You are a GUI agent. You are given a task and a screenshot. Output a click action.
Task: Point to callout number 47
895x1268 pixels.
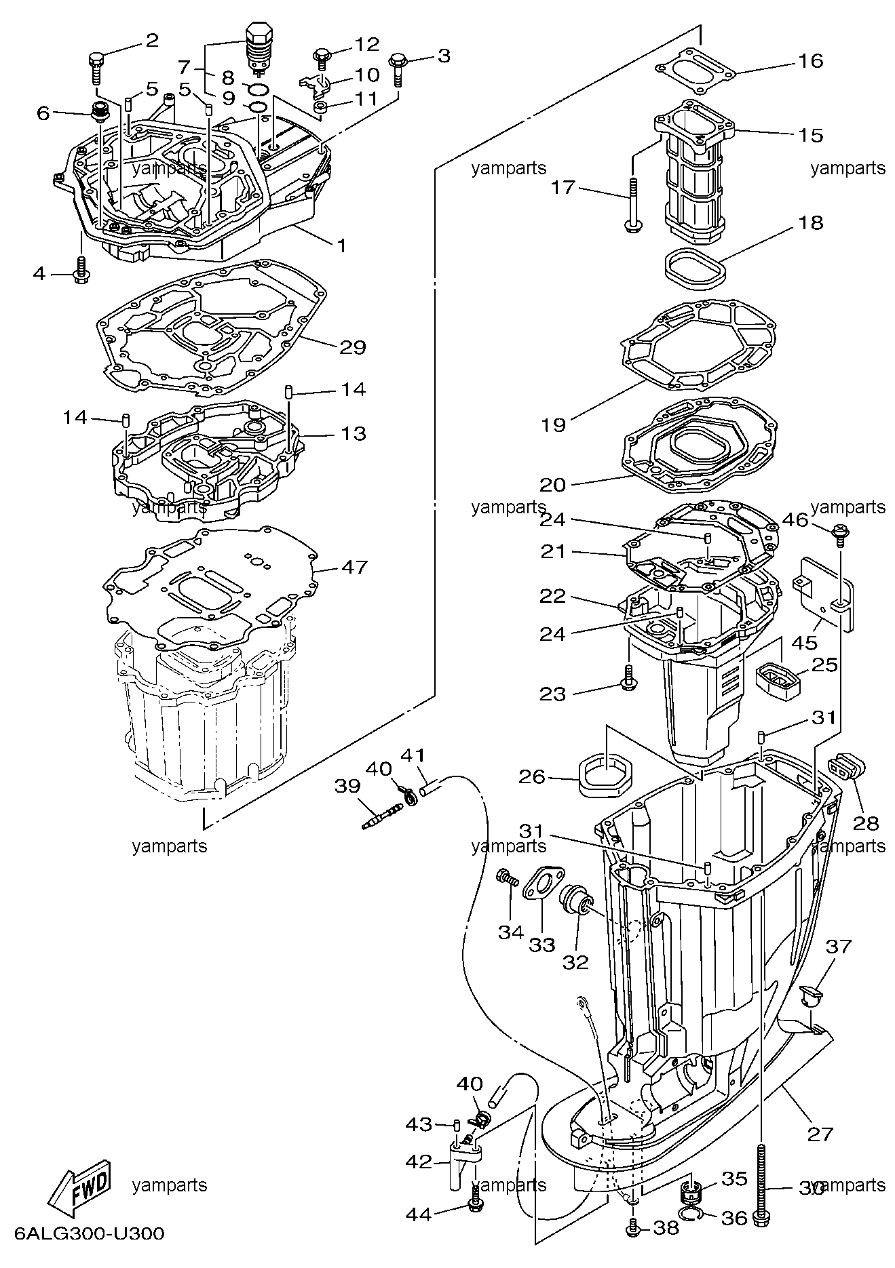[x=354, y=566]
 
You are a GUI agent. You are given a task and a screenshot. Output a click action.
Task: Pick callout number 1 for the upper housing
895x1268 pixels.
[x=342, y=245]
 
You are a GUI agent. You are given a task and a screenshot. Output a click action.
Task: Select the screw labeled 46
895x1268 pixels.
[x=841, y=533]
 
